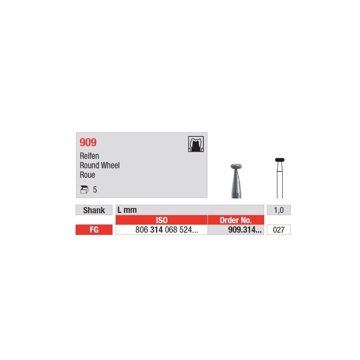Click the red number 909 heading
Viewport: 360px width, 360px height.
tap(88, 143)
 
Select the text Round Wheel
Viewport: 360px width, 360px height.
tap(99, 166)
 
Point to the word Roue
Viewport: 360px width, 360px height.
tap(87, 175)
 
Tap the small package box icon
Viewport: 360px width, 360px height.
tap(84, 190)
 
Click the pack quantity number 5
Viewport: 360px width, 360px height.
tap(95, 190)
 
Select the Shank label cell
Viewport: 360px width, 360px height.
tap(94, 210)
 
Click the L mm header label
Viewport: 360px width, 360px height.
tap(127, 210)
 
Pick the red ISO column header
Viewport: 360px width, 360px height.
tap(162, 220)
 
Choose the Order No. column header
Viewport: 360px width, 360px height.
tap(235, 220)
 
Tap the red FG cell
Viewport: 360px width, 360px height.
tap(94, 230)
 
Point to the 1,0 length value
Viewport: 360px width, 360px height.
tap(279, 210)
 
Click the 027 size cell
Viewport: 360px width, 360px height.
tap(279, 230)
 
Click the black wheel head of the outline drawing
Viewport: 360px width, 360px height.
tap(279, 159)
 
